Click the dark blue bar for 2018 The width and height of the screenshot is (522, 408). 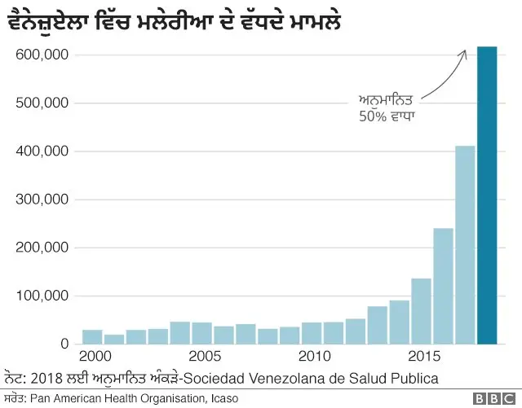pyautogui.click(x=487, y=195)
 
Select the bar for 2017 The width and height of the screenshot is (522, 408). pyautogui.click(x=465, y=245)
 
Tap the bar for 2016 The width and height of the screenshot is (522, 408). pyautogui.click(x=443, y=287)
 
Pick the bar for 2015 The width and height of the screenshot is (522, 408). pyautogui.click(x=421, y=312)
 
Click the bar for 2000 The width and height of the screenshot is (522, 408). pyautogui.click(x=92, y=337)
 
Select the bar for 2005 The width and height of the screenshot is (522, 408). pyautogui.click(x=201, y=334)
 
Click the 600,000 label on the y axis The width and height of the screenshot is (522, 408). pyautogui.click(x=42, y=55)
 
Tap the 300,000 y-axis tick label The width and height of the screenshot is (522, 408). pyautogui.click(x=42, y=200)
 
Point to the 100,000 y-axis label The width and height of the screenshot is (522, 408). pyautogui.click(x=42, y=296)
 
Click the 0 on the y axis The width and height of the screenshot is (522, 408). pyautogui.click(x=64, y=344)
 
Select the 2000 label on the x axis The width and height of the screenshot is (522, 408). pyautogui.click(x=96, y=358)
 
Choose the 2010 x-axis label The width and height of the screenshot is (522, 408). pyautogui.click(x=314, y=358)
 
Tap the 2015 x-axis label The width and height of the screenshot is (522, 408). pyautogui.click(x=424, y=358)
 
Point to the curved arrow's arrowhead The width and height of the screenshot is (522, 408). pyautogui.click(x=463, y=53)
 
